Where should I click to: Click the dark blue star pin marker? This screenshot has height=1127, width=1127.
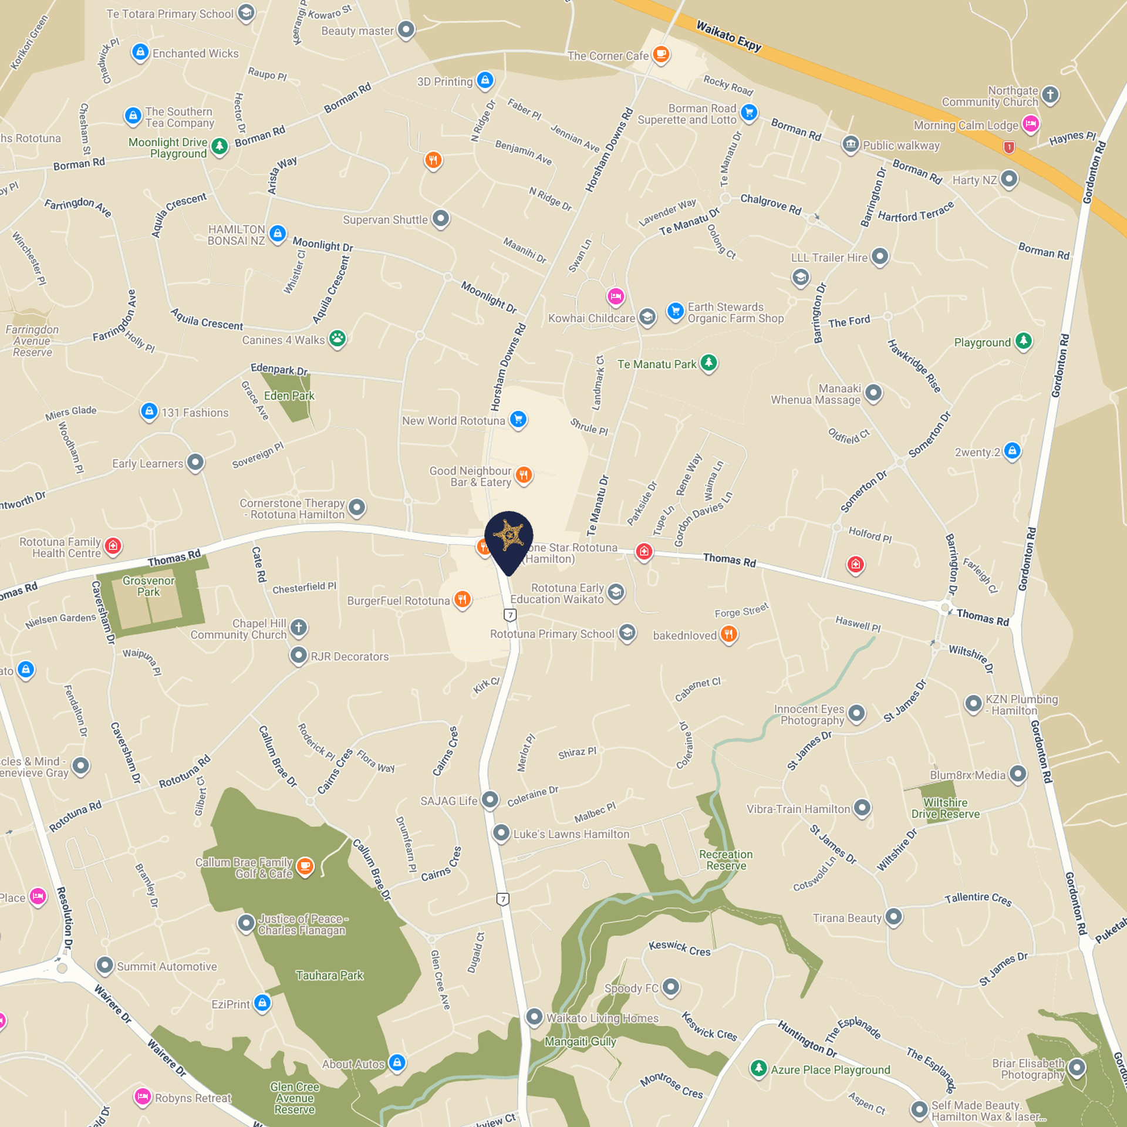508,537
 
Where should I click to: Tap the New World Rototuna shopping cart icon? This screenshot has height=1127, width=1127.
518,420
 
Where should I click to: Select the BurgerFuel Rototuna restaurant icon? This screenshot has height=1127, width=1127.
463,600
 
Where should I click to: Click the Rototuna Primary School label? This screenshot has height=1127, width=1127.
552,634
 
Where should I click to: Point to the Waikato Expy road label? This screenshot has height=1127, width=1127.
728,36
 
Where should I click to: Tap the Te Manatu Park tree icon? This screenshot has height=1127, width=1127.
709,363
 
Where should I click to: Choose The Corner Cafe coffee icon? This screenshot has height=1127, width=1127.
661,55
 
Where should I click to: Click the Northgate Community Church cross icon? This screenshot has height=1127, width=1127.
1050,95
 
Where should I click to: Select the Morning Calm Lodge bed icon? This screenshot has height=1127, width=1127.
1031,124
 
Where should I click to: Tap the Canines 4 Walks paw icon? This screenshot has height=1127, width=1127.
338,339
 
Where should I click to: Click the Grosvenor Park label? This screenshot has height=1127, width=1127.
149,586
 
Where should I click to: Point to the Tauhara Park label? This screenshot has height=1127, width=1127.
329,976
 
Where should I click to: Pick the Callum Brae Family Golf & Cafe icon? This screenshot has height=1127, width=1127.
305,866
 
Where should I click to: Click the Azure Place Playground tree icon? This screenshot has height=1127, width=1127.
759,1068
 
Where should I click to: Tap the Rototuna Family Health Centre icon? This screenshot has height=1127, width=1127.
113,546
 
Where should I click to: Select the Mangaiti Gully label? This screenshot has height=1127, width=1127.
580,1042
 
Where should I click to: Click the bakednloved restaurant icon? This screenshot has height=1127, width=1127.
728,634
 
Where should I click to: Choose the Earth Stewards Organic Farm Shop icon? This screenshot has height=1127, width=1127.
676,311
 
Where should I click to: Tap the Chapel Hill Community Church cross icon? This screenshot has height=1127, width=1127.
299,627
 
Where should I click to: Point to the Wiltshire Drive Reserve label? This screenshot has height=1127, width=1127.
945,808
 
